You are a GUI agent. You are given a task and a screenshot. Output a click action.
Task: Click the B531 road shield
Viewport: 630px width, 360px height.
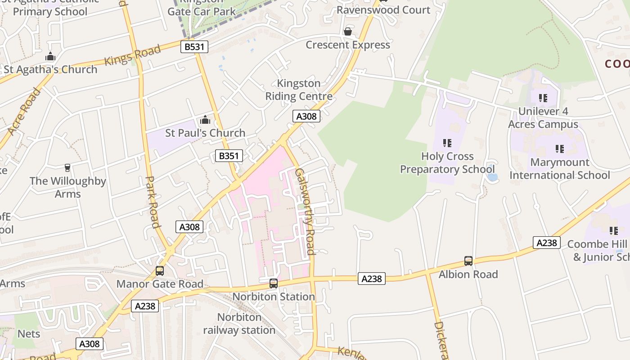coord(194,47)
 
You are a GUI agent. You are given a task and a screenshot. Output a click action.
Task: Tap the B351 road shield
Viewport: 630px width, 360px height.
coord(229,156)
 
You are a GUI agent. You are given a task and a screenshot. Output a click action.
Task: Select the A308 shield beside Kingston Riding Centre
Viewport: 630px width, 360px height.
coord(306,116)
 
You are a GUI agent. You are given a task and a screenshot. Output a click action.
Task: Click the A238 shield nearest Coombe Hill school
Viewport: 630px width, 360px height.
coord(547,243)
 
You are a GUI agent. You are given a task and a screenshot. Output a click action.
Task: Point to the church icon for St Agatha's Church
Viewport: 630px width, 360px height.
coord(50,57)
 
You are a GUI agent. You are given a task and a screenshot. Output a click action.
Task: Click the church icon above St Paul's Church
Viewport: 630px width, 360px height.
coord(205,120)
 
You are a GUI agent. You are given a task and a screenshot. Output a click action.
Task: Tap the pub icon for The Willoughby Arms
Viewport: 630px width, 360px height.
coord(67,168)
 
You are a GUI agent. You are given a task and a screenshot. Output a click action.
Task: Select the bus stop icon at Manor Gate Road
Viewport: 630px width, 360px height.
coord(159,270)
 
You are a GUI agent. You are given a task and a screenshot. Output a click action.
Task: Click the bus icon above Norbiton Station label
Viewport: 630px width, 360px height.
coord(273,283)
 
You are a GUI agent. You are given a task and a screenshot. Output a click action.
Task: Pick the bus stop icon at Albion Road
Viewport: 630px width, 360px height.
coord(468,261)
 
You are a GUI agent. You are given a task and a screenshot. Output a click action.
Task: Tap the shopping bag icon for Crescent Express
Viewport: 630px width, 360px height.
coord(347,31)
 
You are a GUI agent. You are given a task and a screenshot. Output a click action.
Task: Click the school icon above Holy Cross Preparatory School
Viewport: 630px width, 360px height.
coord(447,143)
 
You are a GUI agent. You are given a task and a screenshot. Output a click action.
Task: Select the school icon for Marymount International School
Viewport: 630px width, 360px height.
coord(559,149)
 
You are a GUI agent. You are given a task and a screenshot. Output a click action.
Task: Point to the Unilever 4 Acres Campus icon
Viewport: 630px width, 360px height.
coord(543,98)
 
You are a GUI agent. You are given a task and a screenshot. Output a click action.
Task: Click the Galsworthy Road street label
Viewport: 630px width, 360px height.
coord(304,211)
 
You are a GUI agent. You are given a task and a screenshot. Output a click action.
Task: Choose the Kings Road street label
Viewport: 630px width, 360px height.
coord(132,55)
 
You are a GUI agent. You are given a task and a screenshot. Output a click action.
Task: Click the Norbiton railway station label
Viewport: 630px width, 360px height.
coord(239,324)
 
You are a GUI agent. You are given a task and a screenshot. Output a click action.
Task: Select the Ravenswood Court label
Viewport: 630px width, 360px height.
coord(383,10)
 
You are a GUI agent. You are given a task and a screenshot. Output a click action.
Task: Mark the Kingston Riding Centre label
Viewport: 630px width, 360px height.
coord(299,90)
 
